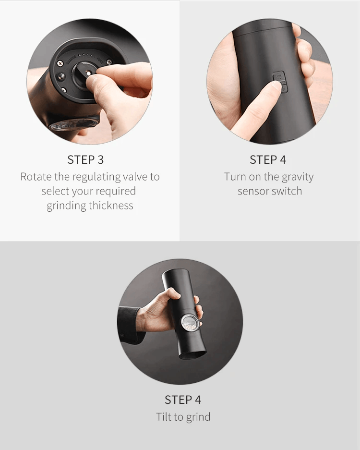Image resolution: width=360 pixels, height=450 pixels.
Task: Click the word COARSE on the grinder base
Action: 72,60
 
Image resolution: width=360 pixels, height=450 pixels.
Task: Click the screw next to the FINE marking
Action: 109,62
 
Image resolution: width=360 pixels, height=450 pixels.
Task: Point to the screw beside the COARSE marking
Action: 60,63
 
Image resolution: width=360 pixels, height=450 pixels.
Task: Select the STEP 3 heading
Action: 85,160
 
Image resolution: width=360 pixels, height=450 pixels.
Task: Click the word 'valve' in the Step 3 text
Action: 135,177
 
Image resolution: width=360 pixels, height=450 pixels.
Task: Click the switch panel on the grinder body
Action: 279,82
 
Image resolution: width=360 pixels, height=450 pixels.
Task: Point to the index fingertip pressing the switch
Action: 276,85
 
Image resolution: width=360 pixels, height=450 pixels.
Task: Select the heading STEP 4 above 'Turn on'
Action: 268,160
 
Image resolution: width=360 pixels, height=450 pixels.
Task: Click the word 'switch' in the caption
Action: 287,191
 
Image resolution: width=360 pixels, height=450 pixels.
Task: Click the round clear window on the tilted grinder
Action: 190,323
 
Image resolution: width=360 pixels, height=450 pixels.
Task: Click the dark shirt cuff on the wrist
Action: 129,324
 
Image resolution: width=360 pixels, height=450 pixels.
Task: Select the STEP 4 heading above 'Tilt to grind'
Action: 183,400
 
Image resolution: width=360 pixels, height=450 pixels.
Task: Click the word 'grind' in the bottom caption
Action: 198,417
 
